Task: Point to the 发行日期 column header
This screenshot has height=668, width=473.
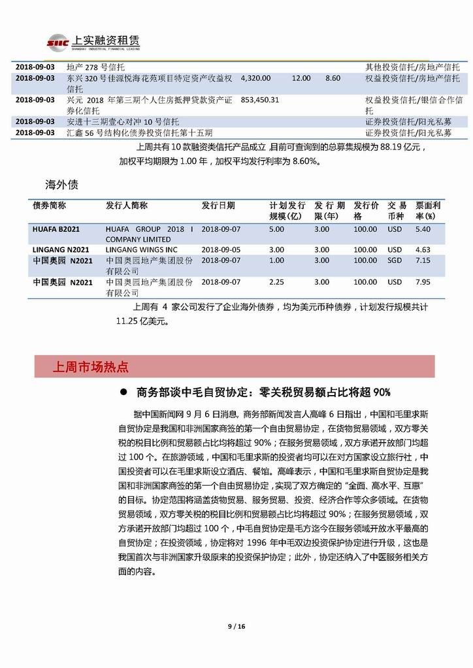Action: coord(218,205)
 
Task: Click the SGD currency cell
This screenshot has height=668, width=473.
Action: coord(395,261)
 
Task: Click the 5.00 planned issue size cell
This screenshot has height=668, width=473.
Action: coord(277,229)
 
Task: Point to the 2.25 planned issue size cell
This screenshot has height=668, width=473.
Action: coord(277,282)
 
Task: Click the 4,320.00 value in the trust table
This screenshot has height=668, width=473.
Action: coord(255,78)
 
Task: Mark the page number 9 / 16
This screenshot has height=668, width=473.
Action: coord(236,627)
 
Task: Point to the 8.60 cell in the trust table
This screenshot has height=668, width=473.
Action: coord(333,78)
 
